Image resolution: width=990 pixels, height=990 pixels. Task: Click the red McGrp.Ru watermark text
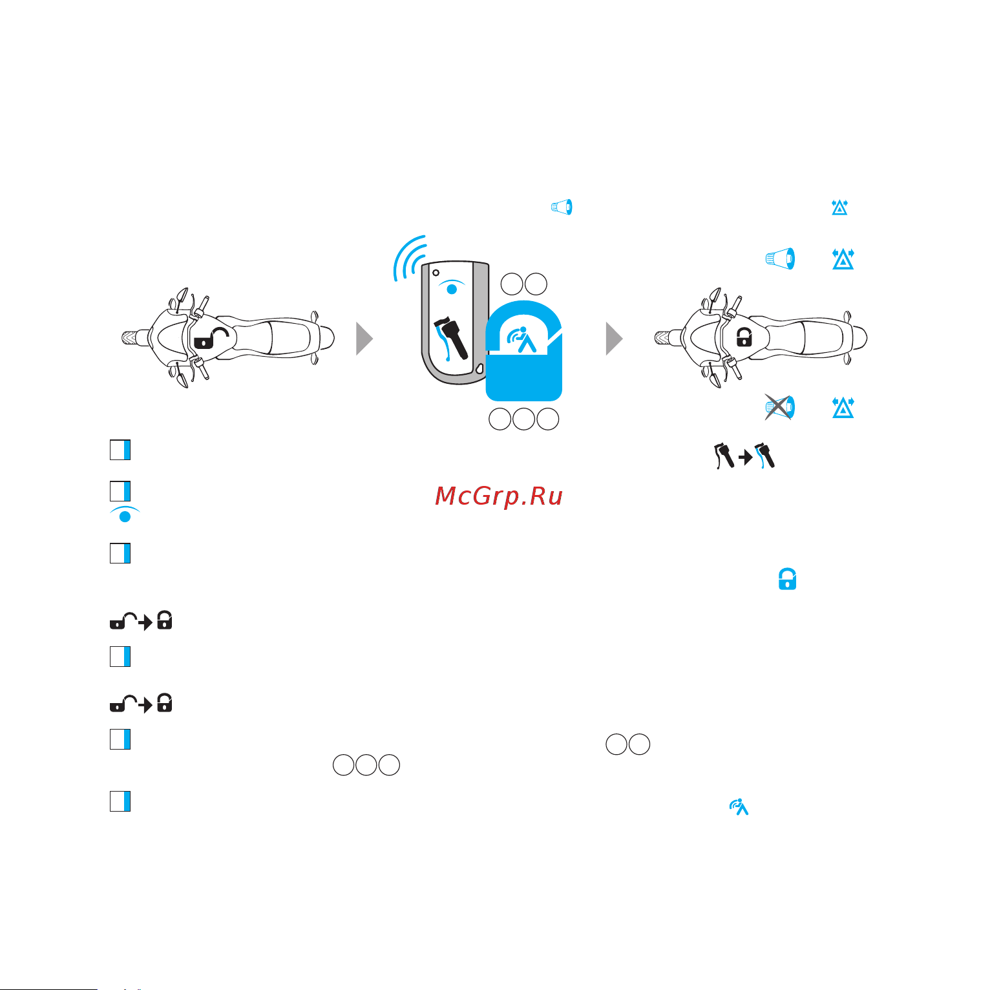click(499, 496)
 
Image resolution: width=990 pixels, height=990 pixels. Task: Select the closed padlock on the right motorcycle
click(744, 337)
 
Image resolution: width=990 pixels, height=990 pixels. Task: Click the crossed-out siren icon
click(779, 407)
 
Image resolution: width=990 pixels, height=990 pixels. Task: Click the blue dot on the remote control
click(452, 289)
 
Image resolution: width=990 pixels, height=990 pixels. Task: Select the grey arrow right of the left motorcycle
click(364, 339)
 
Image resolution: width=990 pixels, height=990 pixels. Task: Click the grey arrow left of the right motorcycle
click(614, 339)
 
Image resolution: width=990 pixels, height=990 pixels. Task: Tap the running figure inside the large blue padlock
click(522, 341)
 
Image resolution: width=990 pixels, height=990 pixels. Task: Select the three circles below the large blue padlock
click(523, 419)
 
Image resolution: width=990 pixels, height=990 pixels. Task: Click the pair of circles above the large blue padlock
click(523, 284)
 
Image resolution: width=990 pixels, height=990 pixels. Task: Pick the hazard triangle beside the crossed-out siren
click(843, 408)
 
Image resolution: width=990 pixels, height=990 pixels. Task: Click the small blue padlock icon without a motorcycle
click(787, 579)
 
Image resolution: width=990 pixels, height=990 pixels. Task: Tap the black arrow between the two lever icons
click(746, 458)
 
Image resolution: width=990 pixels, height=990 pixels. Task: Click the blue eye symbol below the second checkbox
click(125, 515)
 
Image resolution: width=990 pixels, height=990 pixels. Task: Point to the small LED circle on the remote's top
click(436, 272)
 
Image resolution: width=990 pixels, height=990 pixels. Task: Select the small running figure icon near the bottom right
click(739, 807)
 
